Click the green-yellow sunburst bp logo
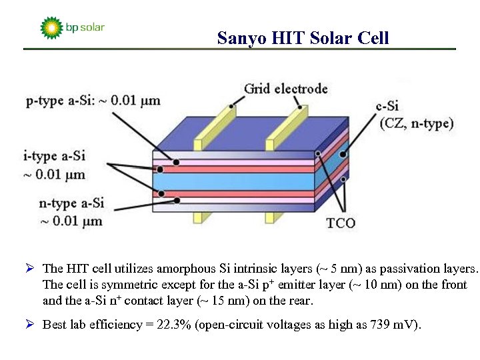pos(51,28)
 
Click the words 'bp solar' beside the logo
pos(85,28)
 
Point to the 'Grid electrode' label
pos(285,89)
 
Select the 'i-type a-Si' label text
pos(54,157)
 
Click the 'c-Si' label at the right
pos(387,106)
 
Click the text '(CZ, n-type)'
pos(416,123)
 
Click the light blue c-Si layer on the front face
pos(233,181)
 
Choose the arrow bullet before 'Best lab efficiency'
pos(29,325)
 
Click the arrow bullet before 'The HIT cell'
pos(29,269)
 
